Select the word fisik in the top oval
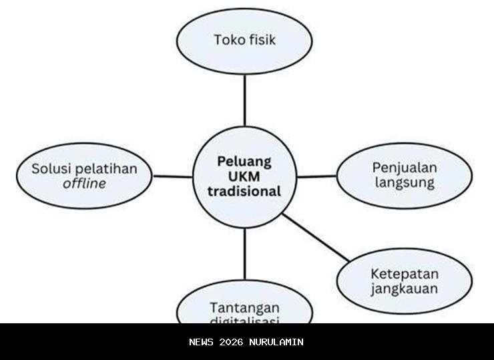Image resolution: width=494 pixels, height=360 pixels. [x=260, y=39]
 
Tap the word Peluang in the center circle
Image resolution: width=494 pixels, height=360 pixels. [x=244, y=161]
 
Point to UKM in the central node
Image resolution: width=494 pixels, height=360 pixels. [x=244, y=176]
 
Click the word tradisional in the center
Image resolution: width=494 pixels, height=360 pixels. [x=244, y=191]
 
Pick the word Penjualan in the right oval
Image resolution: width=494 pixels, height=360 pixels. [x=405, y=167]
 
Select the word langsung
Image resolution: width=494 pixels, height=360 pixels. [x=405, y=182]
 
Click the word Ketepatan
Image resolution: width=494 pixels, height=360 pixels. [x=405, y=274]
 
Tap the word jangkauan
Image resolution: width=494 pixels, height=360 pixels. [x=405, y=289]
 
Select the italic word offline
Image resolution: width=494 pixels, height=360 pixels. [x=85, y=183]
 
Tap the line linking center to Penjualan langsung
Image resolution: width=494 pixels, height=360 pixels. [x=316, y=176]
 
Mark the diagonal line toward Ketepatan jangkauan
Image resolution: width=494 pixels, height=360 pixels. [x=315, y=236]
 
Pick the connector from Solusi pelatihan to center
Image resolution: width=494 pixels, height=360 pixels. [x=172, y=176]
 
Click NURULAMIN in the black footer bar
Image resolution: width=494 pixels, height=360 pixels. [x=276, y=342]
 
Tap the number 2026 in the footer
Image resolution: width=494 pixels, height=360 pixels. [x=230, y=342]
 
